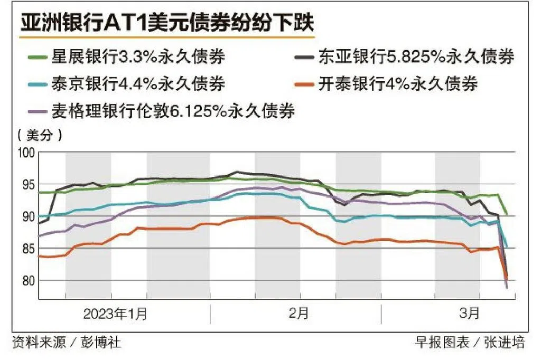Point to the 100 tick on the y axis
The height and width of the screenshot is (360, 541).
click(26, 153)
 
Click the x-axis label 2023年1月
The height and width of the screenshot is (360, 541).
click(116, 314)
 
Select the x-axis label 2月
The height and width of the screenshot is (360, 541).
click(299, 314)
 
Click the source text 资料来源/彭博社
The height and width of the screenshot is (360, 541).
click(66, 343)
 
